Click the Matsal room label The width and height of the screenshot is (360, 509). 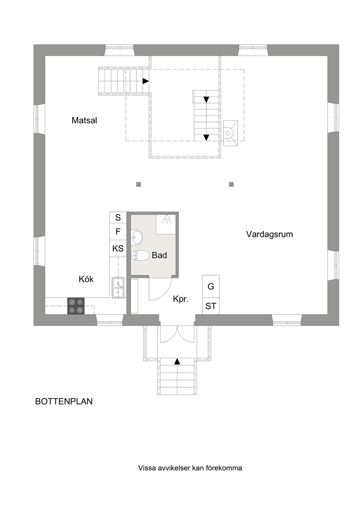84,120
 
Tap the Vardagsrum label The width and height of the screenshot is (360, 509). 269,234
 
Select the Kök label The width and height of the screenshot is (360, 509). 86,279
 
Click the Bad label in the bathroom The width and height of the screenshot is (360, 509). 159,255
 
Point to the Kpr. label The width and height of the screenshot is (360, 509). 181,299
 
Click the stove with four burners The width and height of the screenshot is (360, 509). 76,306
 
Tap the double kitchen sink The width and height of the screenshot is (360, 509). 118,287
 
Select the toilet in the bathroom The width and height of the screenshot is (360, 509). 140,255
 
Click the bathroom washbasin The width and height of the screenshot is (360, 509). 137,238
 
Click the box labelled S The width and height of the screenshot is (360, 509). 118,217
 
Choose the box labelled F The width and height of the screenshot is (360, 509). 118,231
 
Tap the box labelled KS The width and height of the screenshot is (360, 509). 118,249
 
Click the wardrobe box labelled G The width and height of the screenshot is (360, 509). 211,286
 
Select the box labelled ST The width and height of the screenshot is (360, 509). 211,306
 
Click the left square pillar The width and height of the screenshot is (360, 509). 138,184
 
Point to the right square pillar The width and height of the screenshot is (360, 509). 232,184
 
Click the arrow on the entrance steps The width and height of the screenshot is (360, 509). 177,361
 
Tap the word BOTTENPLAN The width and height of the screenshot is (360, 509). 64,401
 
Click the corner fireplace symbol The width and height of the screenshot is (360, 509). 230,133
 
